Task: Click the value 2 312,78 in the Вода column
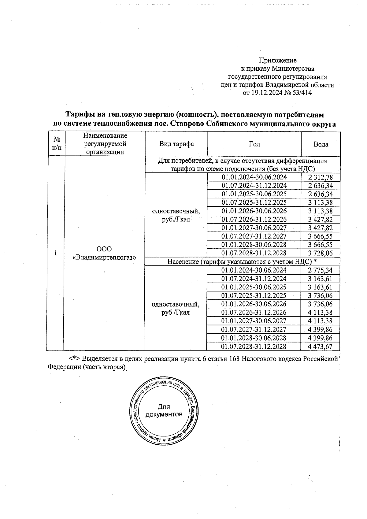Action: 320,177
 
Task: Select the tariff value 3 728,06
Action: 320,253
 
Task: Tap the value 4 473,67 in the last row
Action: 320,347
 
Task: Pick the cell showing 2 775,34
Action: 320,270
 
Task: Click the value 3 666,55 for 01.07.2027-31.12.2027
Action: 320,236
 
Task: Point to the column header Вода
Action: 321,144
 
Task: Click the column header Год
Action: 254,144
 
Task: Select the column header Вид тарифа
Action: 176,144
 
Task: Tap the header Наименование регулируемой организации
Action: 105,144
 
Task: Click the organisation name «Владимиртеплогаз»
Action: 104,257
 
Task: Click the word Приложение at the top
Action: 278,60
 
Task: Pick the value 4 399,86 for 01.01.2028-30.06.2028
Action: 320,338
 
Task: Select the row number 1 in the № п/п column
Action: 55,253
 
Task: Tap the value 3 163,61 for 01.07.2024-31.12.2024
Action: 320,279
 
